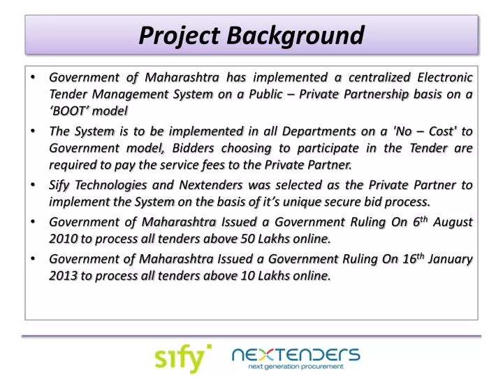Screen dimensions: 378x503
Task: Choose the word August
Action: click(x=453, y=222)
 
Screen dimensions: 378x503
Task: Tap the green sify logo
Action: click(x=182, y=358)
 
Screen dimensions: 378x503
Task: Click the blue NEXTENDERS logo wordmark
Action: click(x=296, y=353)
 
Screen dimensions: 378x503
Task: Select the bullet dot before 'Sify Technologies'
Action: click(x=34, y=185)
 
